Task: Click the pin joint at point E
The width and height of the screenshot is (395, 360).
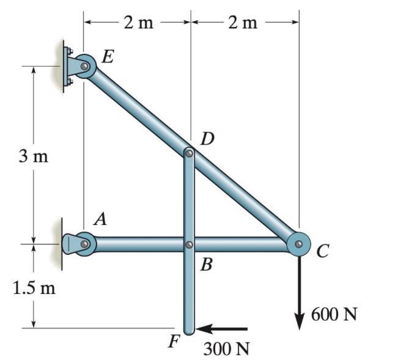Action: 84,66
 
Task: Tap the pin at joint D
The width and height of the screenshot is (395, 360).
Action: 190,153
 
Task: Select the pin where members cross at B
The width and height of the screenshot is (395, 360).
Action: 190,244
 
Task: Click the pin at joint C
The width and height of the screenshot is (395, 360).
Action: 298,244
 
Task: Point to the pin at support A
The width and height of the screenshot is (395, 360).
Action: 84,244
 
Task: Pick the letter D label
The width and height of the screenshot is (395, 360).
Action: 207,139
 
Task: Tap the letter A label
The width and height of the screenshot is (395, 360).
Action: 100,220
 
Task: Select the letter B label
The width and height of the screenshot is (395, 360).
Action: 207,265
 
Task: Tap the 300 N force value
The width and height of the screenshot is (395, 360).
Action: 227,349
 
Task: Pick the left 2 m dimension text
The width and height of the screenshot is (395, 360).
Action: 138,23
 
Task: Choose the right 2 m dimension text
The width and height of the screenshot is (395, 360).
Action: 243,23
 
